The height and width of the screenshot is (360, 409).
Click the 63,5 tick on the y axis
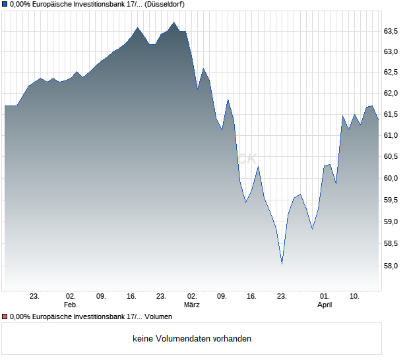pos(391,31)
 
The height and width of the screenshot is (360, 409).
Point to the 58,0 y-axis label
pos(391,266)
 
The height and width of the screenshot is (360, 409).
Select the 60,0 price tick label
pos(391,178)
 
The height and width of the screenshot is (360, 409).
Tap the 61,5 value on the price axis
pos(391,115)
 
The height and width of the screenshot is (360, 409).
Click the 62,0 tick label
pos(391,94)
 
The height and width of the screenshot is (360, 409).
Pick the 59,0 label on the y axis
pos(391,222)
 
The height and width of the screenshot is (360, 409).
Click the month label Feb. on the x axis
pos(71,305)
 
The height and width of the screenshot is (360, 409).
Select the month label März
pos(192,305)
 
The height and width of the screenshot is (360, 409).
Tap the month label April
pos(325,305)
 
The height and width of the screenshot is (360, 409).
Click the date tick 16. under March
pos(251,297)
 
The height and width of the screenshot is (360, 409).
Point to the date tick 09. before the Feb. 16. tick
pos(101,297)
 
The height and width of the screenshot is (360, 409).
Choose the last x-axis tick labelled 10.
pos(354,297)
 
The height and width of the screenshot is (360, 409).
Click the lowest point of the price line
pos(282,264)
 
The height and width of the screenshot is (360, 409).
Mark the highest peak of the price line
pos(174,22)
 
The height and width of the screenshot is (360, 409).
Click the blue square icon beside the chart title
pos(5,4)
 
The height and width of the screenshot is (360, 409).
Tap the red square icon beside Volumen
pos(5,317)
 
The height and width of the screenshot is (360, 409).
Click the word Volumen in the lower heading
pos(158,317)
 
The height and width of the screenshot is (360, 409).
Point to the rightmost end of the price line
pos(378,119)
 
